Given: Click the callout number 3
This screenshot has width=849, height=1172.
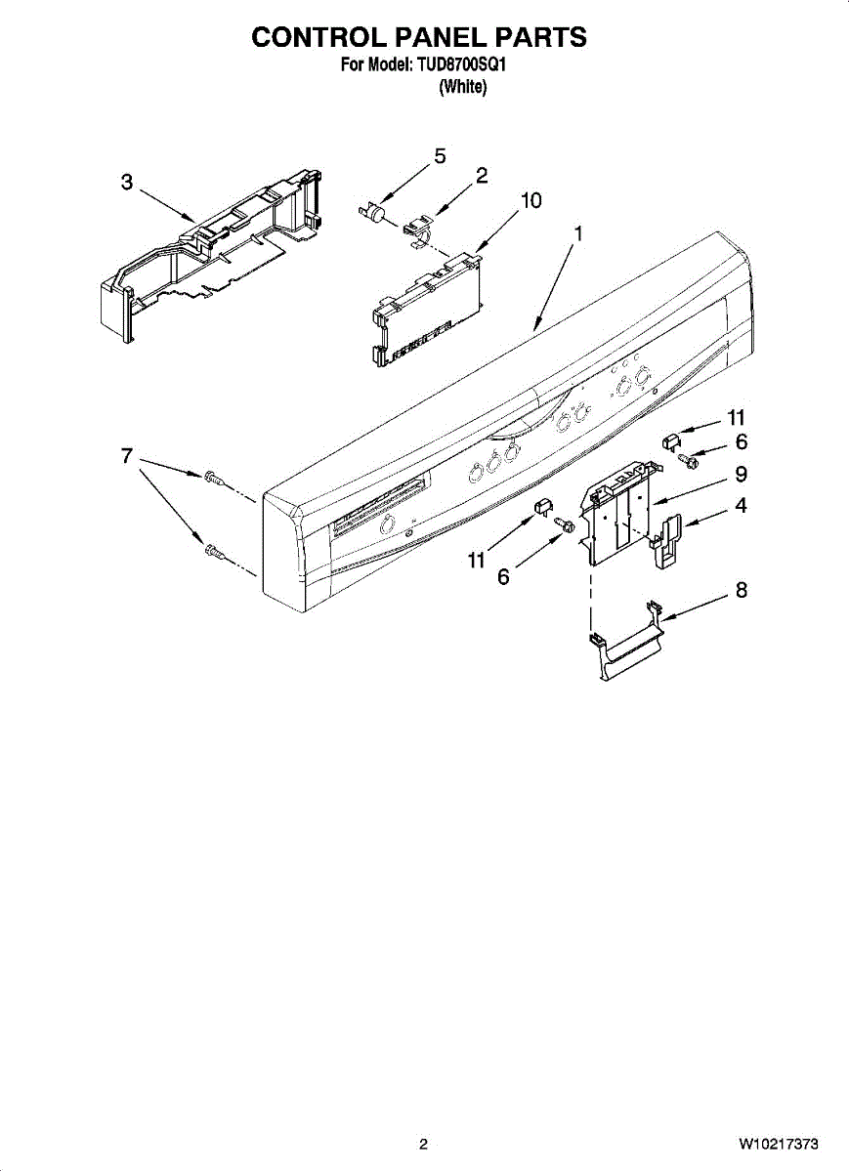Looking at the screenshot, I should tap(127, 183).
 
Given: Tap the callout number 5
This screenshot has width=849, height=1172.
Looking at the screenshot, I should tap(440, 156).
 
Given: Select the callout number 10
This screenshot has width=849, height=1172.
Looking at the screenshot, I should tap(531, 200).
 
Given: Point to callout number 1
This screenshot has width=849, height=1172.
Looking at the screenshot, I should tap(578, 233).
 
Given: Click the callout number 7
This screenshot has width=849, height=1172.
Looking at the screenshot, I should tap(127, 456).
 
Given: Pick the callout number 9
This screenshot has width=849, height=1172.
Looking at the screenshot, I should tap(742, 474).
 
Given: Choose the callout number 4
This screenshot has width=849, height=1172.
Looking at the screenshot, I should tap(742, 506).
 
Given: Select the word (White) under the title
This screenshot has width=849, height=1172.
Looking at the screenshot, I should tap(463, 87).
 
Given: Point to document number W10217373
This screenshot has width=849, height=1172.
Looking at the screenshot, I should tap(778, 1144).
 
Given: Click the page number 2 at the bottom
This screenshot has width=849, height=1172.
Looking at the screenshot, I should tap(423, 1144).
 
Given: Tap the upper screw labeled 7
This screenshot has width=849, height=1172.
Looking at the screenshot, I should tap(213, 478).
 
